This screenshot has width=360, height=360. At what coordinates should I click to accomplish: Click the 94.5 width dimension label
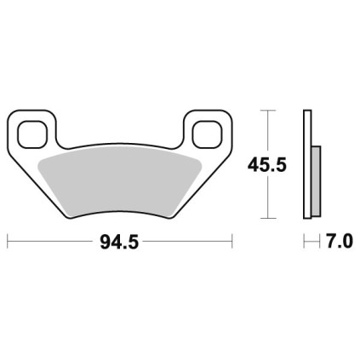tap(119, 243)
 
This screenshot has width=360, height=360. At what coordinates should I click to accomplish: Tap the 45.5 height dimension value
tap(267, 165)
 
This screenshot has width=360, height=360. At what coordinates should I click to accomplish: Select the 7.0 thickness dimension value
tap(340, 242)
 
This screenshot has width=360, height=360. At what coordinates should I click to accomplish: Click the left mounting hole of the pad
tap(31, 134)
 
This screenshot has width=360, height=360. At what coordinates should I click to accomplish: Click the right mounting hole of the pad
tap(207, 134)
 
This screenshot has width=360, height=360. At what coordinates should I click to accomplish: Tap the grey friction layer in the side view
tap(316, 181)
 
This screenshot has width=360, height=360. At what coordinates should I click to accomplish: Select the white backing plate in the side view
tap(307, 164)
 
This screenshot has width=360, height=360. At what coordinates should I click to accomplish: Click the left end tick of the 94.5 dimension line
tap(8, 242)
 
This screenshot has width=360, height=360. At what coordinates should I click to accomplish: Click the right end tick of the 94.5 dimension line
tap(232, 242)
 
